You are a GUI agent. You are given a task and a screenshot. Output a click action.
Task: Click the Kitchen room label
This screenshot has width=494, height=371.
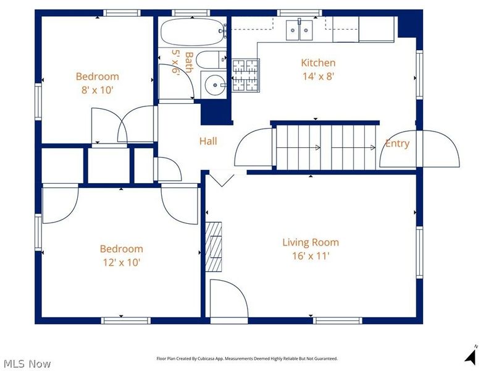(318, 63)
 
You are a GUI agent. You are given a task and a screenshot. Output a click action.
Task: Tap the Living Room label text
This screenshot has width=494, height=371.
(311, 242)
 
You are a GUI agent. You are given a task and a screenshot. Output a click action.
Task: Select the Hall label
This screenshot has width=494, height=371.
(208, 141)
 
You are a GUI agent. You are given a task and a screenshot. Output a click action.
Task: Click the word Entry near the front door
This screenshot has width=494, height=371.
(397, 143)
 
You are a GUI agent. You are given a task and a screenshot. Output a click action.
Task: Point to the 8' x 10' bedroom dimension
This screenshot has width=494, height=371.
(98, 90)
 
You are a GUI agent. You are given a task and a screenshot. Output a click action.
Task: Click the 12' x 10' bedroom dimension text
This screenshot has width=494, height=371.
(122, 262)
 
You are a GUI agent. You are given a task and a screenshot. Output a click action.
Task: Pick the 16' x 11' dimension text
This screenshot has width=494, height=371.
(311, 256)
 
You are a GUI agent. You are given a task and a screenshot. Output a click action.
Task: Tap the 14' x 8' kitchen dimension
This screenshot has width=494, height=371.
(318, 76)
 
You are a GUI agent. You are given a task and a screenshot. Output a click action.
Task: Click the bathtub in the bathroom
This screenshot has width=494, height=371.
(192, 32)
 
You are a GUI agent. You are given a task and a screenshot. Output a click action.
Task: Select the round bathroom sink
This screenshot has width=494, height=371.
(215, 85)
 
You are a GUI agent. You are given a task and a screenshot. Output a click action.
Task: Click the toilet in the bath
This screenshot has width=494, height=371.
(211, 59)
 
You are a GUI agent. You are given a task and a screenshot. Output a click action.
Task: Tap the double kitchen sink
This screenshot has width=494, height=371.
(299, 30)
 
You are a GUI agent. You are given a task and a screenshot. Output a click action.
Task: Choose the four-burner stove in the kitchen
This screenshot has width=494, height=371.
(246, 75)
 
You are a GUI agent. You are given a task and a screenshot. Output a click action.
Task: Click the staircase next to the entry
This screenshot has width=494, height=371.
(326, 147)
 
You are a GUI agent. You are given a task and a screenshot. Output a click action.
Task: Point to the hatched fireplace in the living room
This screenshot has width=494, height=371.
(214, 247)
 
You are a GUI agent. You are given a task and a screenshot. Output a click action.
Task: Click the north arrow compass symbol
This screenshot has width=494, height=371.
(472, 356)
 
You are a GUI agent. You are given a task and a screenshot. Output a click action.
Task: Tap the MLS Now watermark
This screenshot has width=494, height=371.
(26, 364)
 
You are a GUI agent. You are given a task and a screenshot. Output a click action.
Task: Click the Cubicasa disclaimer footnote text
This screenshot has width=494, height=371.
(247, 359)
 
